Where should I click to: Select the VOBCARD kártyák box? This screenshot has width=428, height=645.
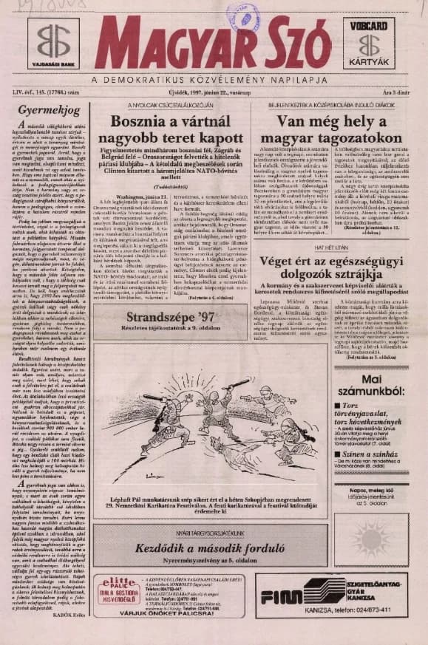coord(372,42)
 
